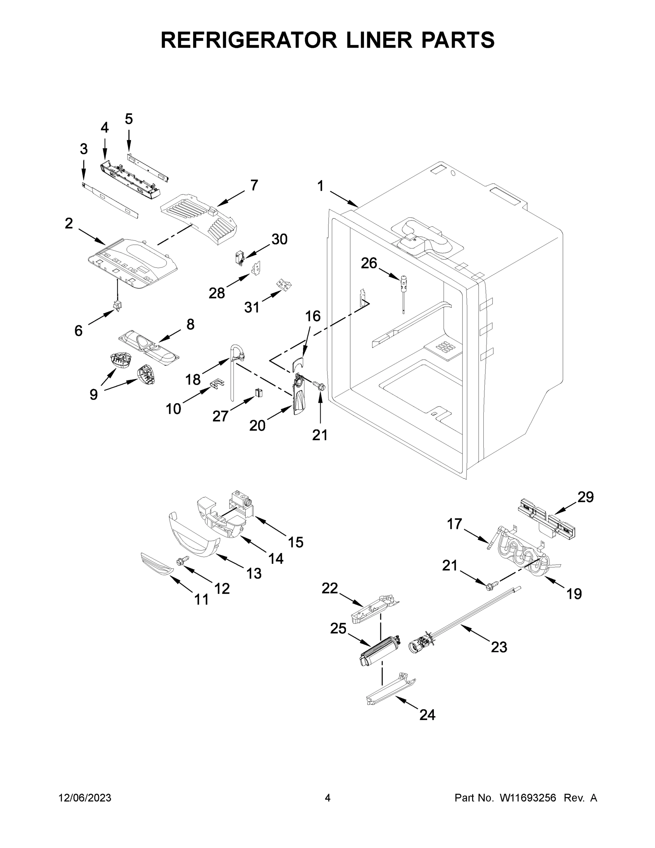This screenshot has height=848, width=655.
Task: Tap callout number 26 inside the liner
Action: [369, 263]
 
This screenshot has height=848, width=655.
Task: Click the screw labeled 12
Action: [182, 560]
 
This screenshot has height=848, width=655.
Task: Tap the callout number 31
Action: [251, 307]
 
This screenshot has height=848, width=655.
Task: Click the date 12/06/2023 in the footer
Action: [85, 797]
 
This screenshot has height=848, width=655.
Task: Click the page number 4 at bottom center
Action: [328, 797]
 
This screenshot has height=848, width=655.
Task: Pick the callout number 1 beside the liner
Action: [321, 186]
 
